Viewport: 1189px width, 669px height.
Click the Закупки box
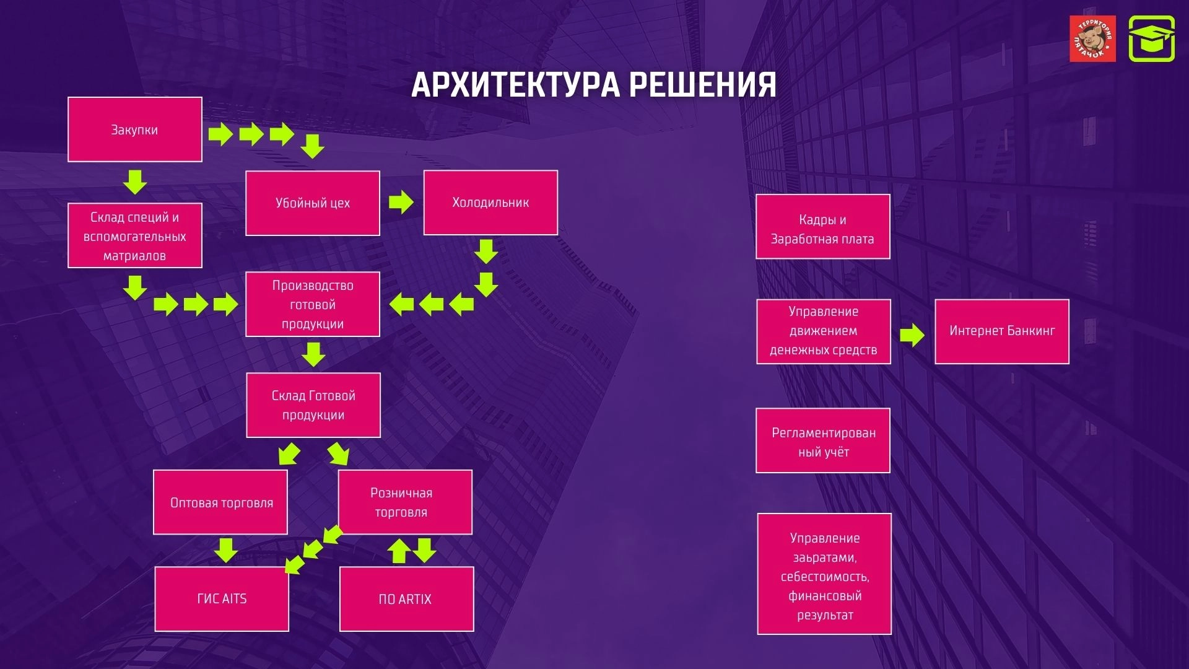[135, 129]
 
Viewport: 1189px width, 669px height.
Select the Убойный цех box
[313, 203]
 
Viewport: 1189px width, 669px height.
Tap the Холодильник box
[490, 203]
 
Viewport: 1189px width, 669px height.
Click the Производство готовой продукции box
[313, 304]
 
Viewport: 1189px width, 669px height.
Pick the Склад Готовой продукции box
[313, 405]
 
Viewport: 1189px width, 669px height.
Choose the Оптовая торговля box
[220, 502]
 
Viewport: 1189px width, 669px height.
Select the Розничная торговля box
[405, 502]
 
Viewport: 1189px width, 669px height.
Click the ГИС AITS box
[222, 599]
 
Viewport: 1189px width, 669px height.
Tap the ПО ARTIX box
[406, 599]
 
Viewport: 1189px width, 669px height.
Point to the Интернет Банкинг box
[1002, 331]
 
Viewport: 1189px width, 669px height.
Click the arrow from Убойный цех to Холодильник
[401, 202]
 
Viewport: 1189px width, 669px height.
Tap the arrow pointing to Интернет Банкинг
[912, 335]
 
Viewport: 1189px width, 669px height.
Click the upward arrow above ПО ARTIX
[399, 550]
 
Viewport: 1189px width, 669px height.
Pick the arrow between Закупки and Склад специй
[135, 182]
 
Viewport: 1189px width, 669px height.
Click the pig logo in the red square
[1092, 39]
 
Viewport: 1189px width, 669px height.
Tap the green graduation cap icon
[1151, 39]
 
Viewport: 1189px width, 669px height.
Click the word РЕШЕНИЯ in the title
[703, 85]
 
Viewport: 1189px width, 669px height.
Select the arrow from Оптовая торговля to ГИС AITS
[226, 550]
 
